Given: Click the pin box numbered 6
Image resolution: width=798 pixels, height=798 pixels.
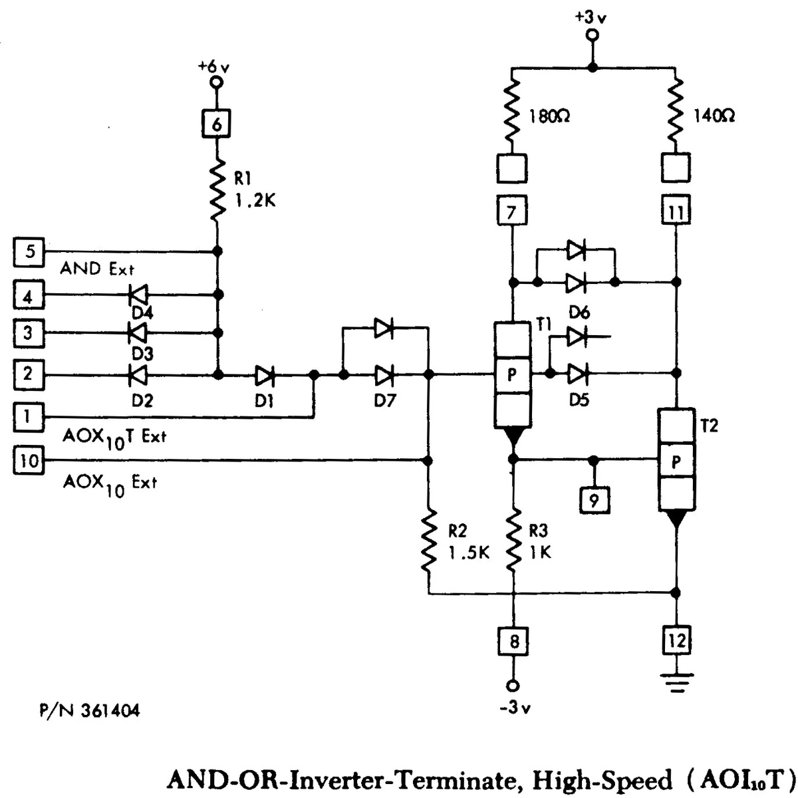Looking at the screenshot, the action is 216,124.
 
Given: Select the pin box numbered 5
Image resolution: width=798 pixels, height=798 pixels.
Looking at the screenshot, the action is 29,252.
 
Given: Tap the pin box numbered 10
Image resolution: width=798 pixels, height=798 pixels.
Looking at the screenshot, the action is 29,460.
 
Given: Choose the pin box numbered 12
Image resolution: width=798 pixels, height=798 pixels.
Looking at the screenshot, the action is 676,640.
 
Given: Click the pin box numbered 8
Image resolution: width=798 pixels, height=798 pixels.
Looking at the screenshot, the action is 513,641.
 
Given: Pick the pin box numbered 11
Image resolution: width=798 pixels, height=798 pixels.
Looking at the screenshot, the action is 676,209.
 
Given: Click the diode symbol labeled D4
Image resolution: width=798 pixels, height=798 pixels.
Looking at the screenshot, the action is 138,295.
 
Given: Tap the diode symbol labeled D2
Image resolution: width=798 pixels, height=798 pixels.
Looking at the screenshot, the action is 138,375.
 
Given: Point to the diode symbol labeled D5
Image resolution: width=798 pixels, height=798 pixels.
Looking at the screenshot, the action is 577,374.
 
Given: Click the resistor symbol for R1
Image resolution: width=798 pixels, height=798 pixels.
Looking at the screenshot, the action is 217,190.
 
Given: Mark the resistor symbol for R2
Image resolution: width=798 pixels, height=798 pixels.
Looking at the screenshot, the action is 429,541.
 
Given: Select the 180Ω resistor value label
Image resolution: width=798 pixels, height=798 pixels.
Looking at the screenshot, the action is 549,117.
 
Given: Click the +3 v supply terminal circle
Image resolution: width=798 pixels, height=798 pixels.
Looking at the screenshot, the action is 593,36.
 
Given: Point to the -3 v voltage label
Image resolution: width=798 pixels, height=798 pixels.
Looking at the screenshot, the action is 515,708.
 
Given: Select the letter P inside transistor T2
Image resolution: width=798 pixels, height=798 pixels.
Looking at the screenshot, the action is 676,462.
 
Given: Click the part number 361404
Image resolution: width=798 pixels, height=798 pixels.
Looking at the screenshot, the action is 110,711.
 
